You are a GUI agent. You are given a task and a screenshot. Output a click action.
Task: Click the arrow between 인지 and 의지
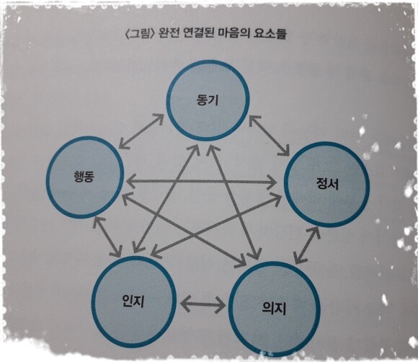click(x=203, y=304)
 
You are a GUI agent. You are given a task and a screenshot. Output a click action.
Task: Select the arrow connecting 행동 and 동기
click(x=141, y=131)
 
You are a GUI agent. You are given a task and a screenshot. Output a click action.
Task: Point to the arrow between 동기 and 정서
click(x=270, y=136)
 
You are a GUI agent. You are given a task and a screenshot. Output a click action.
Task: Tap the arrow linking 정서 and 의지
click(x=307, y=244)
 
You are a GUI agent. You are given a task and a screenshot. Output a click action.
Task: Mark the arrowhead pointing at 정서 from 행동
click(x=270, y=182)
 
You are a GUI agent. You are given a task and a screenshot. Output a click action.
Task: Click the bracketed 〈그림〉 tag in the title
click(x=140, y=34)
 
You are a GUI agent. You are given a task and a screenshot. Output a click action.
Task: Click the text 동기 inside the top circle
click(x=208, y=100)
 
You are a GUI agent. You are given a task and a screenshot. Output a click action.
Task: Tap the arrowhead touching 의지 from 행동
click(x=240, y=260)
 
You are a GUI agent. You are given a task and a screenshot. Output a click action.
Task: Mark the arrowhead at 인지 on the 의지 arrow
click(x=186, y=304)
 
